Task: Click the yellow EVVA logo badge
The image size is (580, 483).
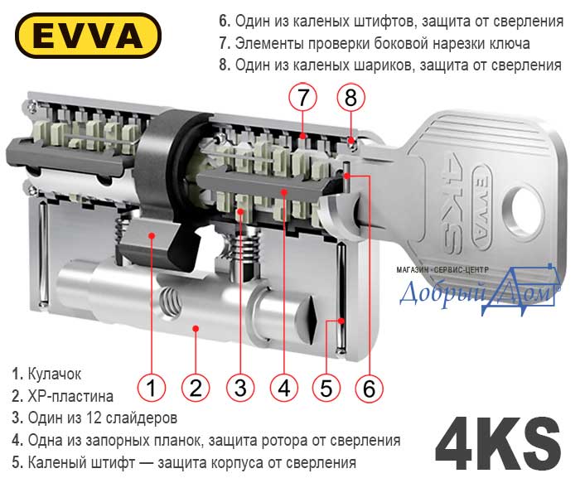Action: pyautogui.click(x=88, y=36)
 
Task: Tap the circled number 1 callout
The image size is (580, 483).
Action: pyautogui.click(x=152, y=388)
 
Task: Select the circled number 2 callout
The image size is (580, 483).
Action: pyautogui.click(x=196, y=388)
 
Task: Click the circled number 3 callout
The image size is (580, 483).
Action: pyautogui.click(x=240, y=388)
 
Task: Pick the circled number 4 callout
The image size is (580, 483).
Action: pyautogui.click(x=284, y=388)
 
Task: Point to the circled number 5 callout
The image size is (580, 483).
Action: pyautogui.click(x=326, y=388)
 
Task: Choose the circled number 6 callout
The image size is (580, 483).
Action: pyautogui.click(x=370, y=388)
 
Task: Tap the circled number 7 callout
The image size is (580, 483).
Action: pyautogui.click(x=303, y=98)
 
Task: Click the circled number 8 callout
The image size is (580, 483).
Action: pyautogui.click(x=350, y=98)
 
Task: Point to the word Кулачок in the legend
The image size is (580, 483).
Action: pyautogui.click(x=55, y=374)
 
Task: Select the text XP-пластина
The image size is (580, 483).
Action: pyautogui.click(x=70, y=396)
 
